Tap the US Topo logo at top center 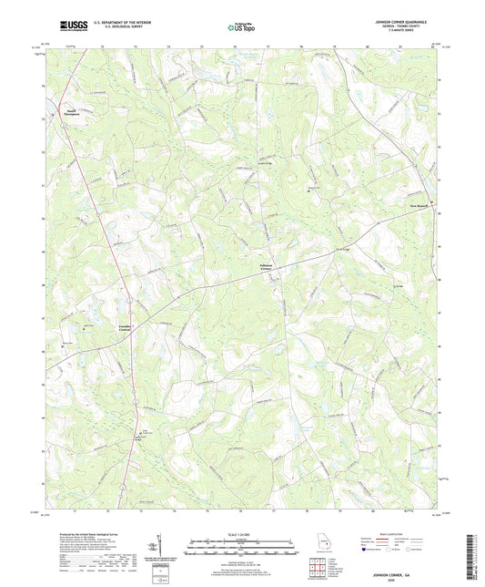coord(241,29)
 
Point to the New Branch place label coord(419,205)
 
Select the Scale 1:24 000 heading coord(242,534)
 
